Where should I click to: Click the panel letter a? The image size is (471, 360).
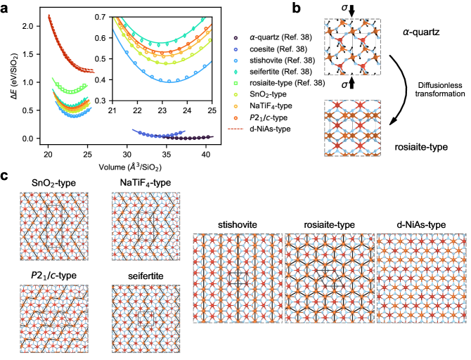[6, 8]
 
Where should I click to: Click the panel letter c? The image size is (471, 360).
[6, 175]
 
